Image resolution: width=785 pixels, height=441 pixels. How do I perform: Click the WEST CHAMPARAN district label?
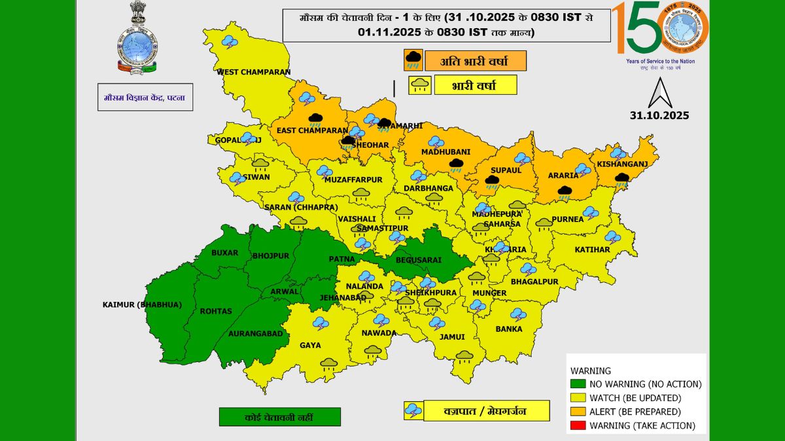253,72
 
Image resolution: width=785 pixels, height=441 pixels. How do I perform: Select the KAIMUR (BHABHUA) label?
141,304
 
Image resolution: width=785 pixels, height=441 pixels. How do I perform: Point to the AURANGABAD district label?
256,333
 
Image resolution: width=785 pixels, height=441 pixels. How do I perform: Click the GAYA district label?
309,345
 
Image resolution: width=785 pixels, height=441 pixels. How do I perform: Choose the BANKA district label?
509,329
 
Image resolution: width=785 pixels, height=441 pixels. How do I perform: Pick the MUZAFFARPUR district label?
353,179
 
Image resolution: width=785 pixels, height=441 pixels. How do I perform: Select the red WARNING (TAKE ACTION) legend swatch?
578,426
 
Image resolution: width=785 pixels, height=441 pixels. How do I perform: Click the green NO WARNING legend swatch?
578,384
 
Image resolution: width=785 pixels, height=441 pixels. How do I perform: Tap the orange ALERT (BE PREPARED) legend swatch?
578,412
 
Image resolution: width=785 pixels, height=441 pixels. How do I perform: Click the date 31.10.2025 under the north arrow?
659,116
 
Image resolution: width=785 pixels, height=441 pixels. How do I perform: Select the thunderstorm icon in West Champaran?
230,42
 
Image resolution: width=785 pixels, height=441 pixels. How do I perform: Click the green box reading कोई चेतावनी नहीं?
280,417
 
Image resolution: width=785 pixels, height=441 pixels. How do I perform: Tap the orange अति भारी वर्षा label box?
475,61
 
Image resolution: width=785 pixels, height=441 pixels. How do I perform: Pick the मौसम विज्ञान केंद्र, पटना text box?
145,97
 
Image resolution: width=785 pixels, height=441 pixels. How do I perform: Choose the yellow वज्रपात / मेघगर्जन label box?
476,410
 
